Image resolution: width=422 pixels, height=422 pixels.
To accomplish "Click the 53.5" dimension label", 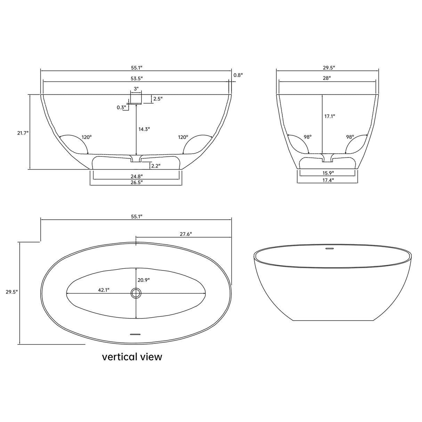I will click(137, 78).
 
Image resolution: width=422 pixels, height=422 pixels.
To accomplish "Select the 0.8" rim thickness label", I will click(238, 75).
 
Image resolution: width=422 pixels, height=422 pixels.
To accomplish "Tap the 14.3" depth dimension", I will click(144, 129).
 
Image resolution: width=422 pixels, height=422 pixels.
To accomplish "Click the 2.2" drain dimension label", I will click(156, 166).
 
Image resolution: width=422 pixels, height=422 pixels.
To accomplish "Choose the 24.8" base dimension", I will click(137, 176).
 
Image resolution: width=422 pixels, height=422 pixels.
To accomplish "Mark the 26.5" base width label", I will click(137, 182).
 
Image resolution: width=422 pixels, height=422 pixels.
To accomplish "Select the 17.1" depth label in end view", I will click(330, 116).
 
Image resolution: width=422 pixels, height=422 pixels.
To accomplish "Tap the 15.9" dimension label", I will click(327, 173).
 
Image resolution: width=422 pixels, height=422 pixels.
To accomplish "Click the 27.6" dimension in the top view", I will click(186, 234).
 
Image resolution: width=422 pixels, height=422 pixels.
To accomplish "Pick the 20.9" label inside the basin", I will click(144, 279).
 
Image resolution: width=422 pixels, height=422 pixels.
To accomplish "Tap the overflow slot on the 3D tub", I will click(329, 249).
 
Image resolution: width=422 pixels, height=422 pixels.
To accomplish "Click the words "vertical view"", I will click(132, 357).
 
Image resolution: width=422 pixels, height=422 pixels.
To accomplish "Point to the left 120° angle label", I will click(87, 137).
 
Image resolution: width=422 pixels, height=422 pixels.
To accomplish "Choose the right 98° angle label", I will click(350, 137).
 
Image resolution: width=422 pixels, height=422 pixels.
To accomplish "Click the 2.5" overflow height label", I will click(158, 99).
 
